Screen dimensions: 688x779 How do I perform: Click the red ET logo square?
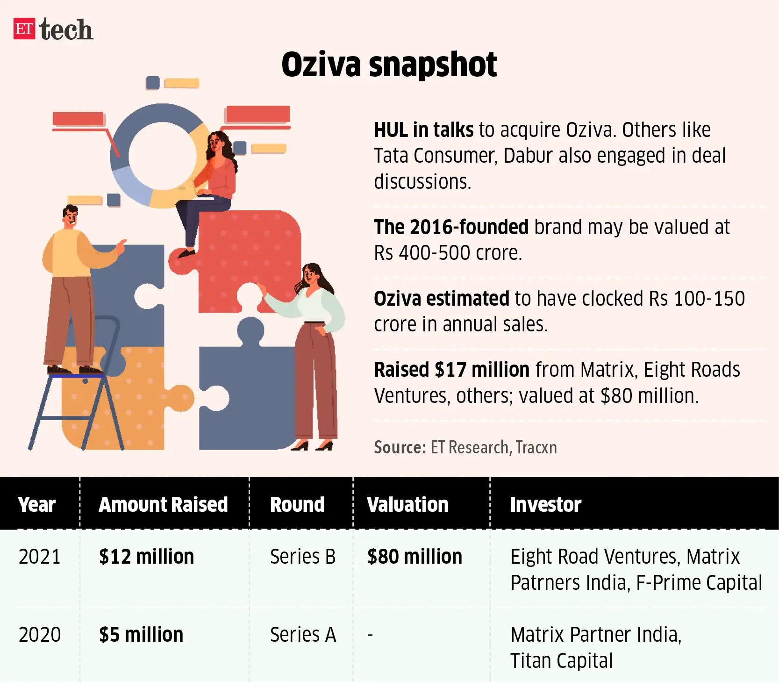(x=24, y=29)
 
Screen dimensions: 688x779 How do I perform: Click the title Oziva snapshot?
(x=389, y=64)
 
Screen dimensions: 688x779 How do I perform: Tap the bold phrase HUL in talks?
(x=423, y=130)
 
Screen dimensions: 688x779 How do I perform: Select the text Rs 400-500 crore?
(x=448, y=253)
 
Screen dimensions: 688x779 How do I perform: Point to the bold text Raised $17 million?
(x=451, y=370)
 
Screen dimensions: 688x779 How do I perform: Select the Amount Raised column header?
(x=163, y=504)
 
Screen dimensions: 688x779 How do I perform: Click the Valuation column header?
(x=407, y=504)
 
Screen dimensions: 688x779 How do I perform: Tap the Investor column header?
(x=545, y=504)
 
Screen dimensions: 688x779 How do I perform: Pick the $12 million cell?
(x=146, y=557)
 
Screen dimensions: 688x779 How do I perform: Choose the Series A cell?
(x=303, y=635)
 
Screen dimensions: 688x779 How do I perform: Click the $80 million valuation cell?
(x=415, y=557)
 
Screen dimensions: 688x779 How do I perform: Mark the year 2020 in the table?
(x=40, y=635)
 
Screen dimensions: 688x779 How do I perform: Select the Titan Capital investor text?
(x=561, y=661)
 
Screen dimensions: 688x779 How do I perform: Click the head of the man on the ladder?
(x=71, y=216)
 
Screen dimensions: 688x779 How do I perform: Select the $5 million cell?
(x=141, y=635)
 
